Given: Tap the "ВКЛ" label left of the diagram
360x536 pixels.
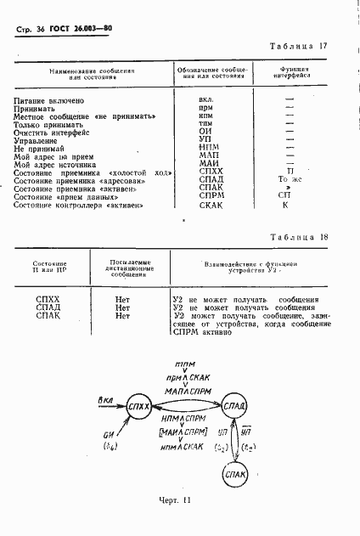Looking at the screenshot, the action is [106, 399].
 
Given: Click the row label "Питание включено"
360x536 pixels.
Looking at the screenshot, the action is [48, 100].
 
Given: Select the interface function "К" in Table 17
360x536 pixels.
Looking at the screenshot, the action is [285, 204].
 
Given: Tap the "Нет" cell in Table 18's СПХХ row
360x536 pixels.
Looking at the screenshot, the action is [121, 300].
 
